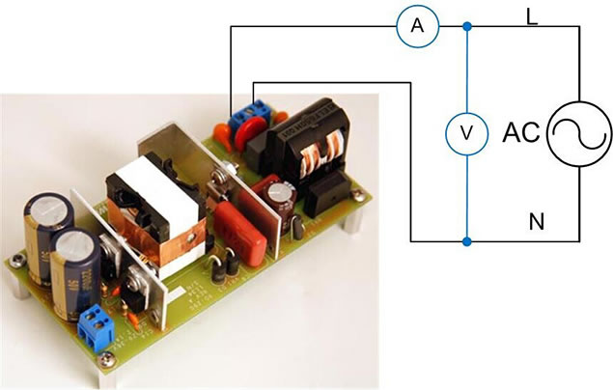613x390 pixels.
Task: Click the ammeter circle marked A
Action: pos(417,27)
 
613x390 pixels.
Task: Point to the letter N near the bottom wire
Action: pos(538,224)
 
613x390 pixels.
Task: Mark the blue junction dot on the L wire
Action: pos(467,27)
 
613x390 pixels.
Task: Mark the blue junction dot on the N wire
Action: pos(467,241)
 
